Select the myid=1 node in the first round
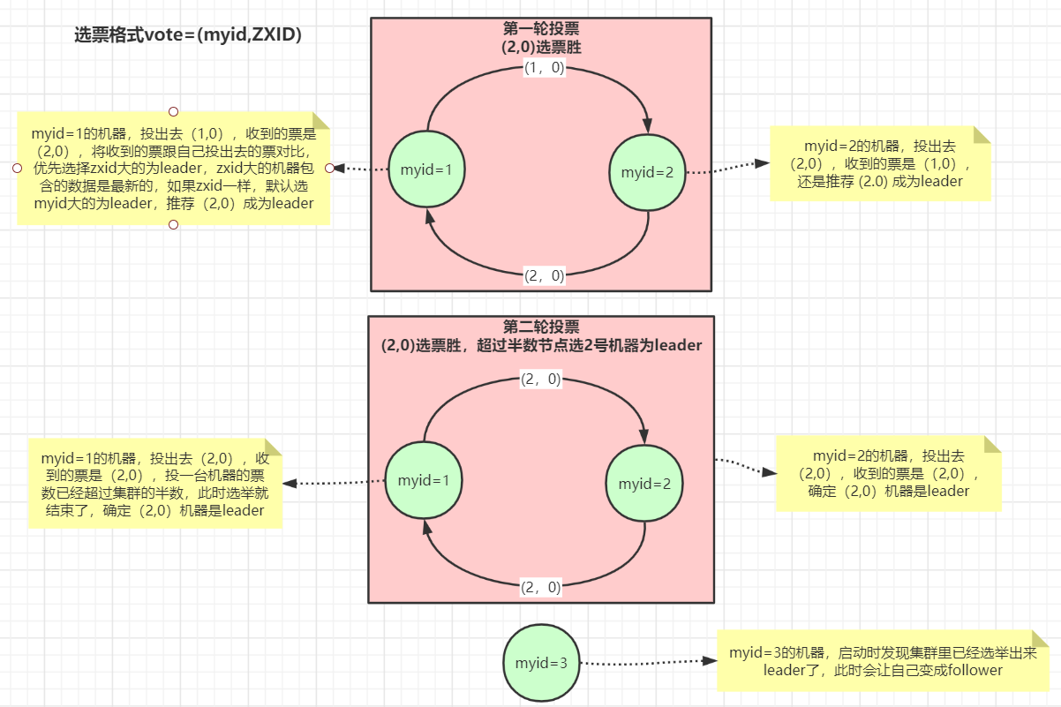pyautogui.click(x=427, y=169)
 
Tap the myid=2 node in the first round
pyautogui.click(x=647, y=172)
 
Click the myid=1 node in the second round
pyautogui.click(x=424, y=480)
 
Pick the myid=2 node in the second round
pyautogui.click(x=643, y=483)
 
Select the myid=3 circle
pyautogui.click(x=541, y=662)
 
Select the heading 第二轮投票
pyautogui.click(x=540, y=327)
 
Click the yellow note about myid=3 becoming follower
pyautogui.click(x=883, y=661)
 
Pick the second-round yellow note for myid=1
pyautogui.click(x=155, y=484)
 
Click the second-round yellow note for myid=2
pyautogui.click(x=888, y=473)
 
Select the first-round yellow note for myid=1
pyautogui.click(x=173, y=168)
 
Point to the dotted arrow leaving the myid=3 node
pyautogui.click(x=644, y=661)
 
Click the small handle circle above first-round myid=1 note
pyautogui.click(x=174, y=111)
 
